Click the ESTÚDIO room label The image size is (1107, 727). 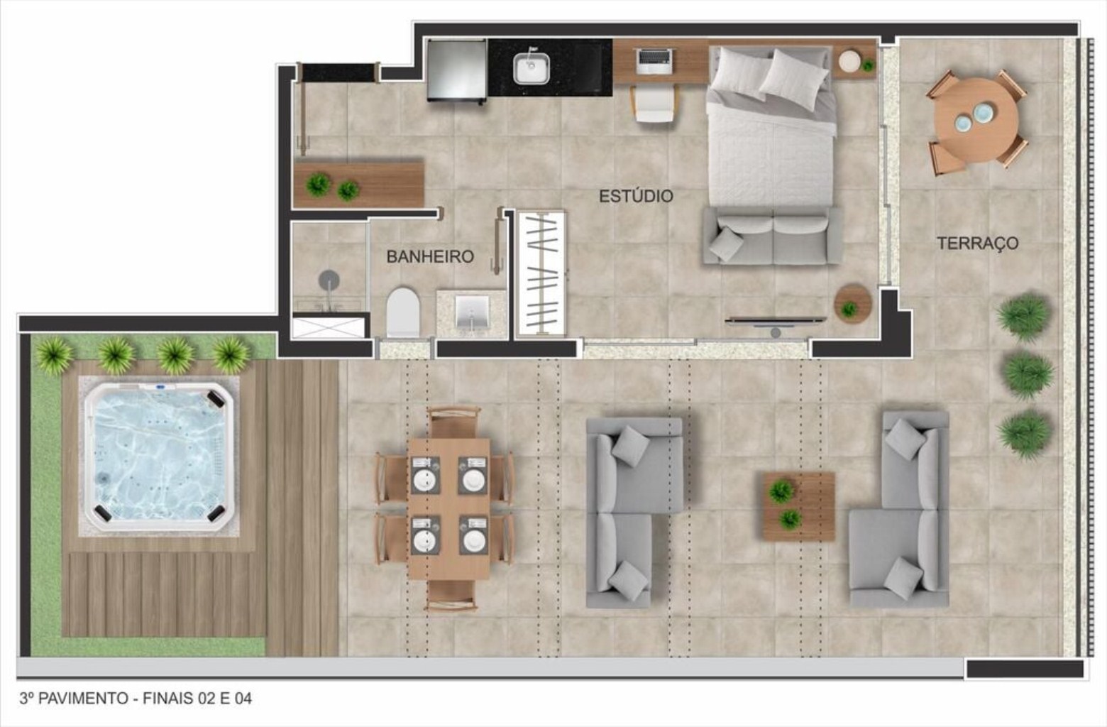(636, 197)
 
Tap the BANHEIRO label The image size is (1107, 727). (430, 256)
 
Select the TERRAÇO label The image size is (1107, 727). (978, 243)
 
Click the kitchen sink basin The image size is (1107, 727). (531, 68)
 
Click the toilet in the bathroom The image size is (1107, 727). (403, 312)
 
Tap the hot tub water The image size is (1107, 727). (159, 456)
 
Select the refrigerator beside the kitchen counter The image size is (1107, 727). (457, 71)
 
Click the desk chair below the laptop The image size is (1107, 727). (654, 103)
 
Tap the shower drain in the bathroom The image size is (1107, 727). (329, 280)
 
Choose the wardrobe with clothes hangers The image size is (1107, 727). (541, 274)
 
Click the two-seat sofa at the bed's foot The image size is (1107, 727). (773, 236)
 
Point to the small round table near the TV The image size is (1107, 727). (852, 303)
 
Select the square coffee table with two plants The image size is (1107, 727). (798, 506)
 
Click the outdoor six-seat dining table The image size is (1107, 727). (448, 508)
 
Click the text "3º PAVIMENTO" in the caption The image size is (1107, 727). (74, 699)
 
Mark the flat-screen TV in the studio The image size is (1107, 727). (776, 321)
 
